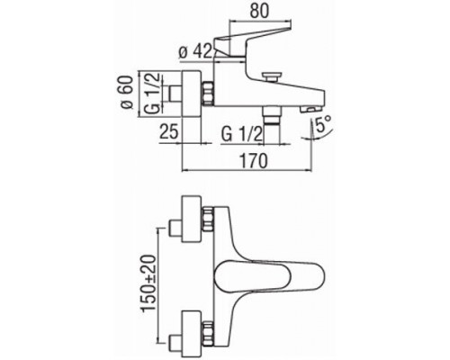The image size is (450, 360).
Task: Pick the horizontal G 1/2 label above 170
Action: point(243,132)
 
